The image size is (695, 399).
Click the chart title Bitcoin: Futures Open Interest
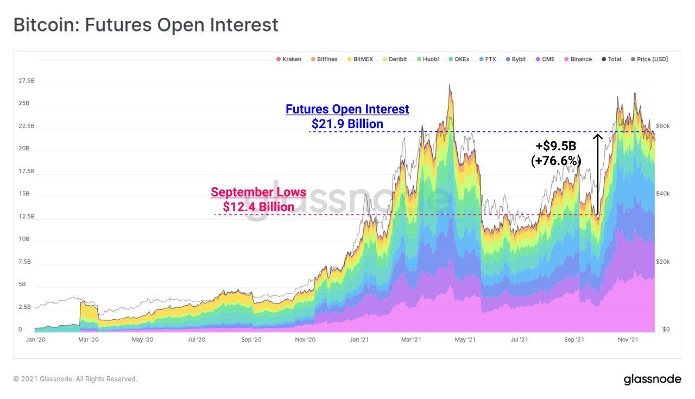click(146, 25)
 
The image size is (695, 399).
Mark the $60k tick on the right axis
click(664, 126)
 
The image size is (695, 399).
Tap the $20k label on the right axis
click(664, 262)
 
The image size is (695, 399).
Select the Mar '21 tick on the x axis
click(412, 340)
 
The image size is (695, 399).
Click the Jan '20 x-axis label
click(35, 340)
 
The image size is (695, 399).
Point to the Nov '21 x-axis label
click(628, 340)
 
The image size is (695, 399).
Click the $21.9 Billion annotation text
click(347, 124)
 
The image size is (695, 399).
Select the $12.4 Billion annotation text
click(258, 207)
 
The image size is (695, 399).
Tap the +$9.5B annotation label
click(556, 147)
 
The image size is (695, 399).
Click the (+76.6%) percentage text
click(556, 161)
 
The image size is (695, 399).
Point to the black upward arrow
click(598, 174)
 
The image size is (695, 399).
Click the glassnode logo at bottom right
click(652, 379)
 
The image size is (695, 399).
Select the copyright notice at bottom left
click(75, 379)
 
